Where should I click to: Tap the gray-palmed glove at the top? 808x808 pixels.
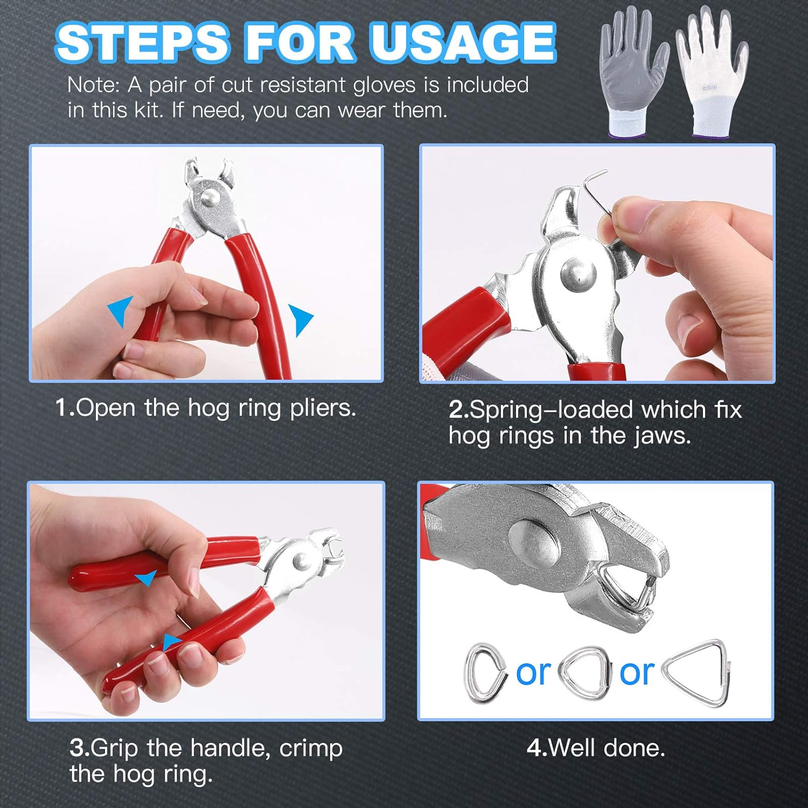633,73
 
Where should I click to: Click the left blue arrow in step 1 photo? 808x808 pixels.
122,311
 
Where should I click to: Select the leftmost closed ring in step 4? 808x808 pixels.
485,673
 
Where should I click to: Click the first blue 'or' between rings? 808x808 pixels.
533,673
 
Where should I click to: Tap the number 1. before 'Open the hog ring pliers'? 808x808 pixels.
65,408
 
